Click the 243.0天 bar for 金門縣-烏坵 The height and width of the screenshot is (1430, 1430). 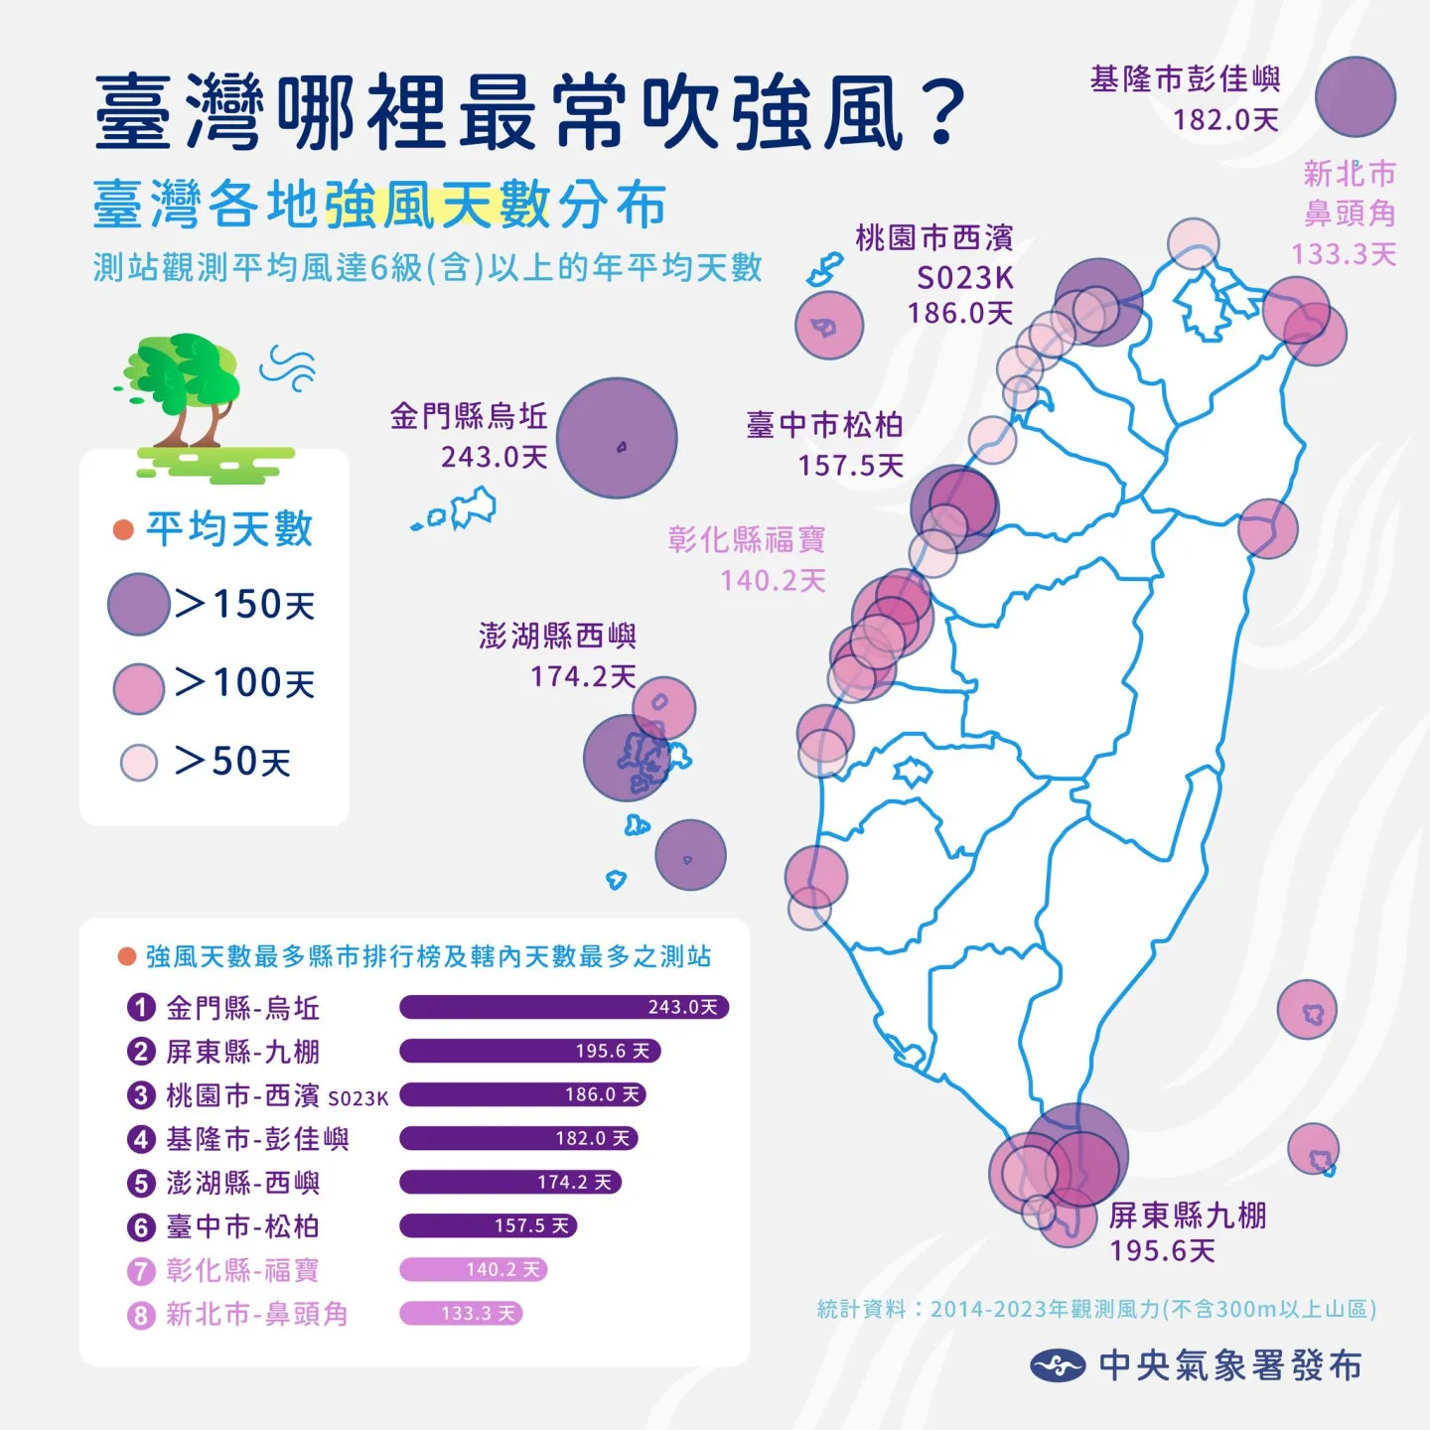tap(564, 1007)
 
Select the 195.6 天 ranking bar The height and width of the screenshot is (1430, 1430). tap(530, 1051)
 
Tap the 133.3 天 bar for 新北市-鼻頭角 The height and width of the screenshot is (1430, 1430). tap(461, 1313)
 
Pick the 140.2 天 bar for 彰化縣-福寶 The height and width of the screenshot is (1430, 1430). tap(474, 1269)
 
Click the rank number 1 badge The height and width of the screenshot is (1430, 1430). tap(141, 1008)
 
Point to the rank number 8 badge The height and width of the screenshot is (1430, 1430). tap(141, 1315)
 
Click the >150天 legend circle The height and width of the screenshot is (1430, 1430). tap(138, 604)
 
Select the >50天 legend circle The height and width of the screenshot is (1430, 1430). tap(139, 763)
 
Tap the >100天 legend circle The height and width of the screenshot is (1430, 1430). tap(138, 688)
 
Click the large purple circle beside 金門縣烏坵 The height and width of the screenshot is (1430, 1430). tap(617, 438)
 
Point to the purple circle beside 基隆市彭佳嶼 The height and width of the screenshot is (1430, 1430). tap(1355, 96)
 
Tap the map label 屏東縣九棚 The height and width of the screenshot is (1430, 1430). tap(1188, 1215)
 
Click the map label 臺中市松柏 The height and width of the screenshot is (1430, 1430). tap(824, 425)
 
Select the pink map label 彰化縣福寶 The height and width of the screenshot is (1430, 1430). tap(747, 539)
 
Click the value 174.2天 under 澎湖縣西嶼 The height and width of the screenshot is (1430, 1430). tap(583, 676)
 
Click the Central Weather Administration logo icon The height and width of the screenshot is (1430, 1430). tap(1057, 1365)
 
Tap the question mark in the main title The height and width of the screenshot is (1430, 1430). tap(942, 111)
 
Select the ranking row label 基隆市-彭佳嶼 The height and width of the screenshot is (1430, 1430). tap(257, 1138)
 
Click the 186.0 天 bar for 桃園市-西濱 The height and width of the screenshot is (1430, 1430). tap(522, 1094)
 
